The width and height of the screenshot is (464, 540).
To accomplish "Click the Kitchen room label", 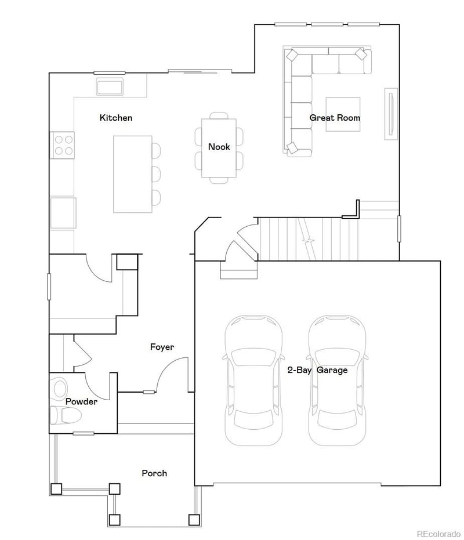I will (116, 118).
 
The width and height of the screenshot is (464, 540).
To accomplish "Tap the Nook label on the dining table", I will (219, 147).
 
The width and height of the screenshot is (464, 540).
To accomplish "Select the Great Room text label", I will (335, 118).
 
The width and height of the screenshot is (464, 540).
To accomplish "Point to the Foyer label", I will (162, 347).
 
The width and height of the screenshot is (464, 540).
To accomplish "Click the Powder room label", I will (81, 401).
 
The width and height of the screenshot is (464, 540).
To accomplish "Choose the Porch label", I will (154, 473).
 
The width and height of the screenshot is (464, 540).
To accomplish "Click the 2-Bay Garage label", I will (317, 370).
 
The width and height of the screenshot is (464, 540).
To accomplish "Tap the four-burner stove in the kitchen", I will (64, 144).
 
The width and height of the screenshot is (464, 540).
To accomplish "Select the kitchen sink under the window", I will (110, 87).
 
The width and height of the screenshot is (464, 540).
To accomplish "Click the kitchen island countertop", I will (132, 174).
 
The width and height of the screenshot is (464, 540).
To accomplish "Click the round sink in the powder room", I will (60, 387).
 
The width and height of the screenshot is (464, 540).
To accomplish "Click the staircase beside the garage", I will (307, 239).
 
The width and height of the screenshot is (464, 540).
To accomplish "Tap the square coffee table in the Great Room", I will (343, 114).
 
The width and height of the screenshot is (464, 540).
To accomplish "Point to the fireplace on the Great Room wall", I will (391, 114).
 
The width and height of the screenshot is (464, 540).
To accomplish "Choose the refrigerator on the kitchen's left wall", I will (63, 213).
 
